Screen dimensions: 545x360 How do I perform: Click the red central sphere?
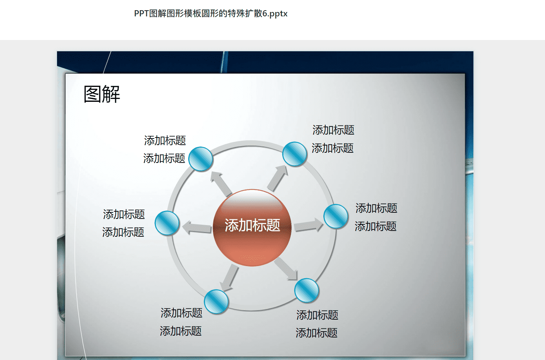[x=252, y=228]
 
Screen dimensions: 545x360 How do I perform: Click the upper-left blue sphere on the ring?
[x=201, y=159]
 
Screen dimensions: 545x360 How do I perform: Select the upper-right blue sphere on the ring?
[x=294, y=154]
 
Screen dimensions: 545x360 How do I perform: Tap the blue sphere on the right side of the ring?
[x=336, y=216]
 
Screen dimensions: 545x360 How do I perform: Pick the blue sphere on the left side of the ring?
[x=167, y=223]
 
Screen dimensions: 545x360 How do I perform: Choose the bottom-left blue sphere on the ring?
[x=216, y=301]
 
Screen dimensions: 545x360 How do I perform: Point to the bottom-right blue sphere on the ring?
[x=306, y=290]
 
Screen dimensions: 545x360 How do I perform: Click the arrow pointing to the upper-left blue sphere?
[x=221, y=184]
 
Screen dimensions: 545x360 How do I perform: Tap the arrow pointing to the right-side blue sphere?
[x=308, y=225]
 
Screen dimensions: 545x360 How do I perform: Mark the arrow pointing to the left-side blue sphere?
[x=197, y=228]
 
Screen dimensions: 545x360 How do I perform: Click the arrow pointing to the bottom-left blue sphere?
[x=229, y=278]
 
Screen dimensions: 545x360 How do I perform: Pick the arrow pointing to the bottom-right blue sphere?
[x=286, y=269]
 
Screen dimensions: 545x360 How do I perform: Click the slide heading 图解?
[x=102, y=94]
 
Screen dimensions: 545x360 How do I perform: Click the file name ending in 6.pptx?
[x=211, y=13]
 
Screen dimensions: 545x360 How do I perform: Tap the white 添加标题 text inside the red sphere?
[x=252, y=225]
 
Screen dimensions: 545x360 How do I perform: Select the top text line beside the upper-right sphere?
[x=333, y=130]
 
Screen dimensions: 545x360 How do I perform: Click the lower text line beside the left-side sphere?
[x=123, y=232]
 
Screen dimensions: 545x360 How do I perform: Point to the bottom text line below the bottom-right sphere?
[x=316, y=333]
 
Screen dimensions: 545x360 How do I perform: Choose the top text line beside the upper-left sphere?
[x=165, y=140]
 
